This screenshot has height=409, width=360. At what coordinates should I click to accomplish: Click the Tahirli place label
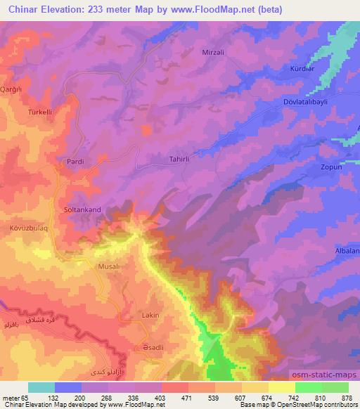[x=180, y=160]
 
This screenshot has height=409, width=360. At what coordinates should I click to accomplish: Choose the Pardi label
[x=75, y=162]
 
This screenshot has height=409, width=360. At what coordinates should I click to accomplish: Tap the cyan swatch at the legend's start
[x=41, y=387]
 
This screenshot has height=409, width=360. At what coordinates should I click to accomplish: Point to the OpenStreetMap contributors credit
[x=321, y=405]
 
